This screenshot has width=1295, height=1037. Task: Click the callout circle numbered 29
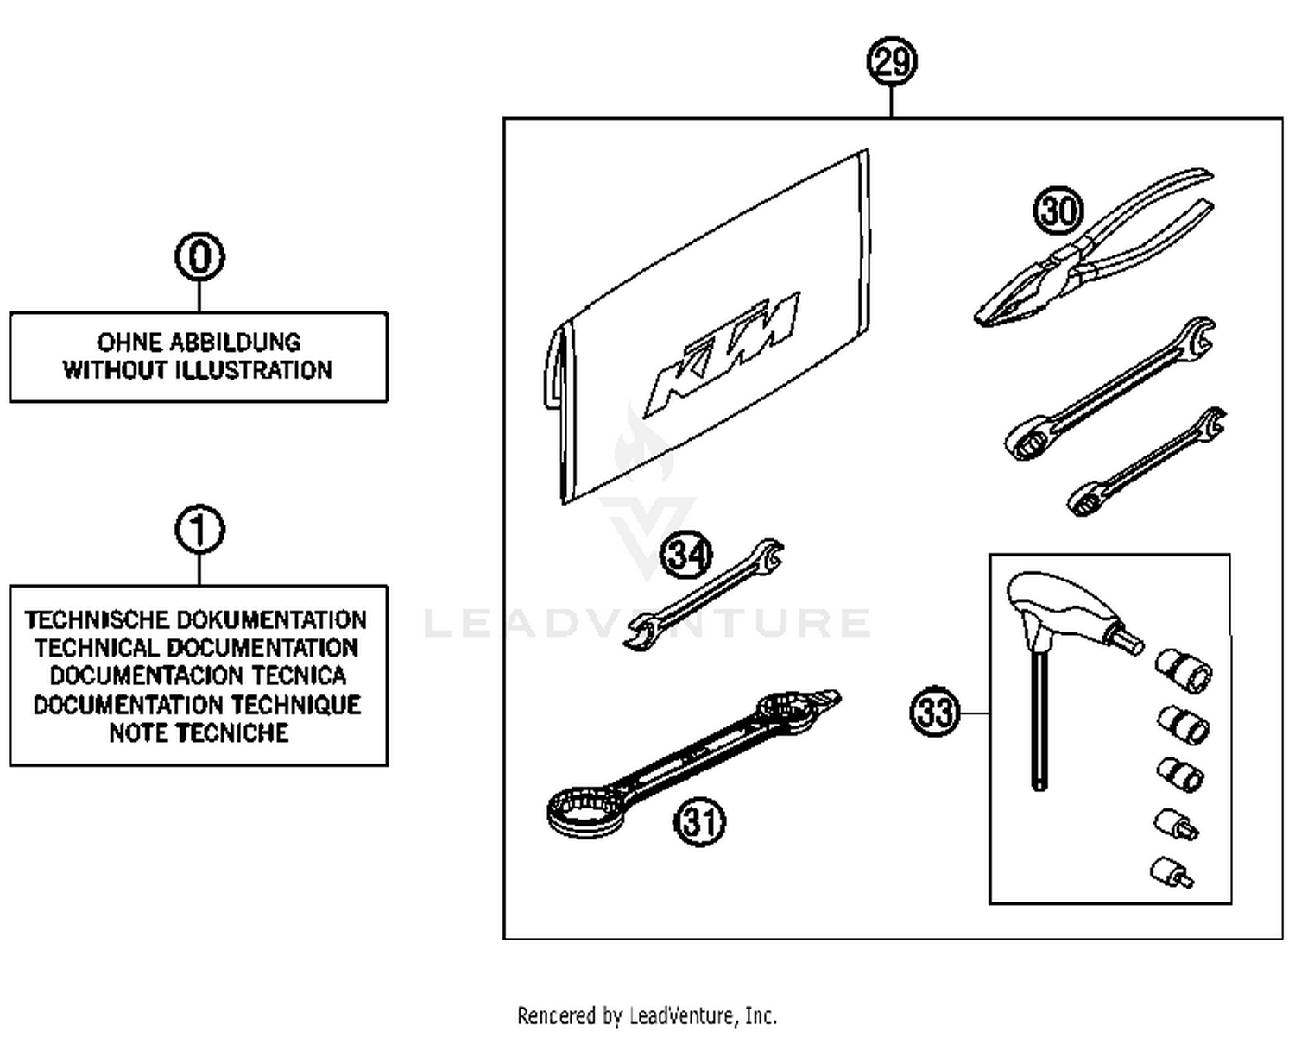pyautogui.click(x=891, y=61)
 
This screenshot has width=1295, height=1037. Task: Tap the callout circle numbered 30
pyautogui.click(x=1058, y=211)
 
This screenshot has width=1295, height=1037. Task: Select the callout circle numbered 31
pyautogui.click(x=699, y=821)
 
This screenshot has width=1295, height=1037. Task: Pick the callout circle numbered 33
pyautogui.click(x=935, y=713)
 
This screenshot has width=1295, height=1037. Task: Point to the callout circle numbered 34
pyautogui.click(x=687, y=554)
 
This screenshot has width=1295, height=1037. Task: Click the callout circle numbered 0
pyautogui.click(x=199, y=256)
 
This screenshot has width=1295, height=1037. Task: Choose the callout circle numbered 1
pyautogui.click(x=199, y=530)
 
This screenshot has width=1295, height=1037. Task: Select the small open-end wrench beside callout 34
pyautogui.click(x=704, y=595)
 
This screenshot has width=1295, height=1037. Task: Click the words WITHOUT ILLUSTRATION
pyautogui.click(x=198, y=370)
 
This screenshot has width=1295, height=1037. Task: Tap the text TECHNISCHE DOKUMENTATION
pyautogui.click(x=196, y=619)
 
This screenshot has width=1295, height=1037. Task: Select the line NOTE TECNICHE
pyautogui.click(x=199, y=733)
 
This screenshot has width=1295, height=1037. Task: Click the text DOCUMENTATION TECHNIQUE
pyautogui.click(x=197, y=705)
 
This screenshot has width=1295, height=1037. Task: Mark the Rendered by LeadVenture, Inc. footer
pyautogui.click(x=647, y=1015)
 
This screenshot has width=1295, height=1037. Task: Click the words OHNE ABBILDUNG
pyautogui.click(x=199, y=342)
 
